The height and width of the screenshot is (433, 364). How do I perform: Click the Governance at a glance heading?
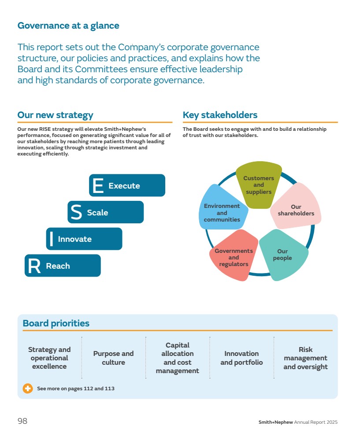(68, 26)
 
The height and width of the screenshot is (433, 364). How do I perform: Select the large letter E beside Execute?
(98, 185)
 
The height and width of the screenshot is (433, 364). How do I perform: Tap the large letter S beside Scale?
(76, 212)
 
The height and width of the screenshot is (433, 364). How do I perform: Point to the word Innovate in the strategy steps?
(74, 239)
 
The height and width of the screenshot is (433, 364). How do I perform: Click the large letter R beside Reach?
(34, 266)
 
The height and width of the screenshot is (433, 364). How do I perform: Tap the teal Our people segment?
(283, 255)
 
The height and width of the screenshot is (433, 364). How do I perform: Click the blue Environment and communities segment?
(222, 207)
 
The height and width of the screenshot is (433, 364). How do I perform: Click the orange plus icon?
(28, 389)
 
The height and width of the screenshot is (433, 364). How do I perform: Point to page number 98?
(22, 421)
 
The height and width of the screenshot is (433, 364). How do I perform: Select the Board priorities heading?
(56, 323)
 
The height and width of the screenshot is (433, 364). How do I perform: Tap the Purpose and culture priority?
(114, 358)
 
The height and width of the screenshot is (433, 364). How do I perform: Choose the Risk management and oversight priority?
(305, 358)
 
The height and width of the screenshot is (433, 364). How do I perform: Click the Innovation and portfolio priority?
(241, 358)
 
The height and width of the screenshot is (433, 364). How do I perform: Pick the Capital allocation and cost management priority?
(177, 358)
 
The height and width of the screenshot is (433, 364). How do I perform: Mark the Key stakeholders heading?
(220, 115)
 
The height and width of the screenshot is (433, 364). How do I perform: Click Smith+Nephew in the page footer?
(275, 422)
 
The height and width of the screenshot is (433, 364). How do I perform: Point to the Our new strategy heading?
(55, 115)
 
